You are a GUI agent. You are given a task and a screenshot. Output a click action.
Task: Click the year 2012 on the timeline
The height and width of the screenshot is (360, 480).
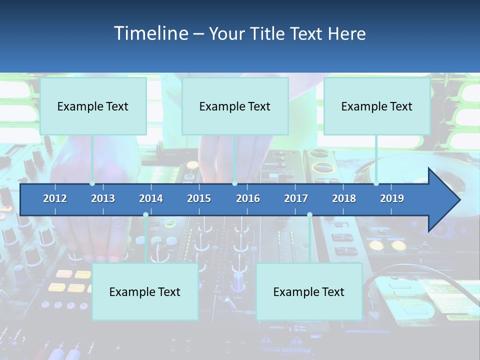point(55,198)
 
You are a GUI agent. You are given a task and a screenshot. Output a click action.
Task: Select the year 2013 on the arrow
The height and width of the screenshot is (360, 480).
point(103,198)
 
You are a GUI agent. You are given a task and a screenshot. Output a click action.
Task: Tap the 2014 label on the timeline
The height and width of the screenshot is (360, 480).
point(151,198)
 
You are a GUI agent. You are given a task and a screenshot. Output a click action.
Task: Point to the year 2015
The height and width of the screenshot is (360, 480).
point(199,198)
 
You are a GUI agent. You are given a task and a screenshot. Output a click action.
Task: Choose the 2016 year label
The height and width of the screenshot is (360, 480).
point(248,198)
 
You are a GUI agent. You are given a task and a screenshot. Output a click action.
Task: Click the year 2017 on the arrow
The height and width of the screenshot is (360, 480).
point(296,198)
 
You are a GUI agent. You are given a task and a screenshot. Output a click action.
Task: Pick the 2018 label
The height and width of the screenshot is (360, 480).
point(344,198)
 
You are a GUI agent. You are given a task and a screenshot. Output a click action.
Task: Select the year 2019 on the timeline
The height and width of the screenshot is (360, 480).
point(392,198)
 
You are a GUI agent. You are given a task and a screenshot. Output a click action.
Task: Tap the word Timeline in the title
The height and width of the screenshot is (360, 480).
point(151,33)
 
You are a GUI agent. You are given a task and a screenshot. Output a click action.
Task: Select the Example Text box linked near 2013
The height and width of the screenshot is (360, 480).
point(93,106)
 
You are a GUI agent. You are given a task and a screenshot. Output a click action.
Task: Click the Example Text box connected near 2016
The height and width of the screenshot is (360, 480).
point(235,106)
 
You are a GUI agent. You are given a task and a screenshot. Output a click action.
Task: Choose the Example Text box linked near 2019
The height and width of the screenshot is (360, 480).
point(377,106)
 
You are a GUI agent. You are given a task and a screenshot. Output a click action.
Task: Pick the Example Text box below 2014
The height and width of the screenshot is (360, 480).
point(145,291)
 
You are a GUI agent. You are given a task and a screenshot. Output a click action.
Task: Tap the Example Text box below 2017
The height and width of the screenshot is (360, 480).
point(309,291)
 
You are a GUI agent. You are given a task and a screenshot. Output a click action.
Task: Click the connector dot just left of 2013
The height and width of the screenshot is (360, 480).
point(92,183)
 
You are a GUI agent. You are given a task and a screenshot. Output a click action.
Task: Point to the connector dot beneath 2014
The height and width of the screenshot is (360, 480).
point(145,215)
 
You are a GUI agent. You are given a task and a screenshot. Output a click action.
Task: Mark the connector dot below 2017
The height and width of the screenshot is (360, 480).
point(309,215)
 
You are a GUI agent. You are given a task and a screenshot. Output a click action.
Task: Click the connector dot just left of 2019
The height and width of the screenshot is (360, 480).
point(376,183)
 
